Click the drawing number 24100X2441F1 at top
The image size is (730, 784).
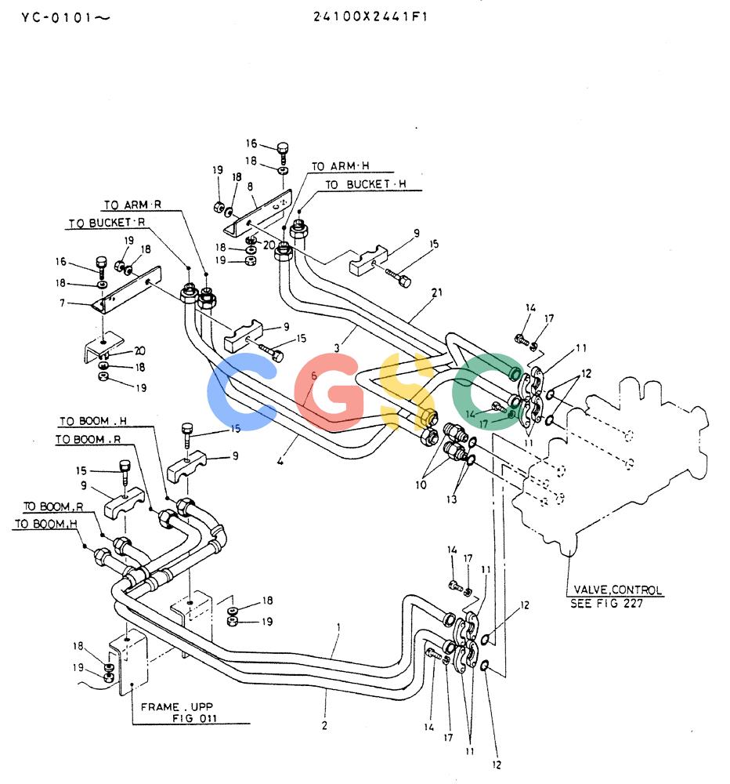pyautogui.click(x=370, y=16)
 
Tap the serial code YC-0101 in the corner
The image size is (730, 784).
pyautogui.click(x=58, y=18)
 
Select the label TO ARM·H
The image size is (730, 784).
pyautogui.click(x=340, y=166)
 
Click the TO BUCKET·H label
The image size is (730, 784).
pyautogui.click(x=366, y=184)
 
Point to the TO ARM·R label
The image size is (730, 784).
pyautogui.click(x=132, y=205)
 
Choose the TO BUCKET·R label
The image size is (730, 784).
pyautogui.click(x=107, y=223)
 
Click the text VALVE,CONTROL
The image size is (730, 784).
pyautogui.click(x=617, y=590)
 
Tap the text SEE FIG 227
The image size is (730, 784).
pyautogui.click(x=606, y=604)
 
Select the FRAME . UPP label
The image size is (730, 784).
pyautogui.click(x=177, y=707)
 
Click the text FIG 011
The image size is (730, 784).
pyautogui.click(x=194, y=718)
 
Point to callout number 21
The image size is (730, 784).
pyautogui.click(x=437, y=292)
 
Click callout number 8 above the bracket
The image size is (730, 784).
pyautogui.click(x=250, y=187)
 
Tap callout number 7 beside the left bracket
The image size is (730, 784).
pyautogui.click(x=62, y=303)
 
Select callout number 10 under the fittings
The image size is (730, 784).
pyautogui.click(x=421, y=485)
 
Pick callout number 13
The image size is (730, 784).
pyautogui.click(x=451, y=499)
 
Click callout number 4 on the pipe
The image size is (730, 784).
pyautogui.click(x=280, y=461)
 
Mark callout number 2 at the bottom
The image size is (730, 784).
pyautogui.click(x=324, y=725)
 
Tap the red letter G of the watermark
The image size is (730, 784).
pyautogui.click(x=328, y=392)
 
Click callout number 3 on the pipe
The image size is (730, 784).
pyautogui.click(x=337, y=348)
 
